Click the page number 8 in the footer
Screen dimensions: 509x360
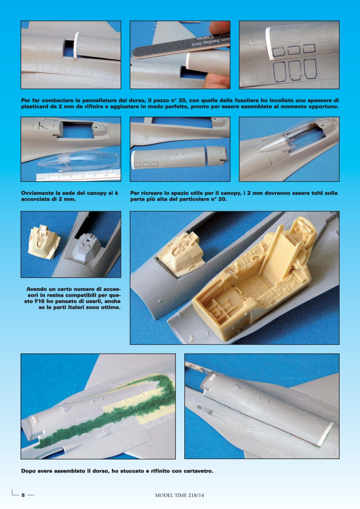point(23,495)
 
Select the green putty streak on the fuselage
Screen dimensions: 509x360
point(119,406)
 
